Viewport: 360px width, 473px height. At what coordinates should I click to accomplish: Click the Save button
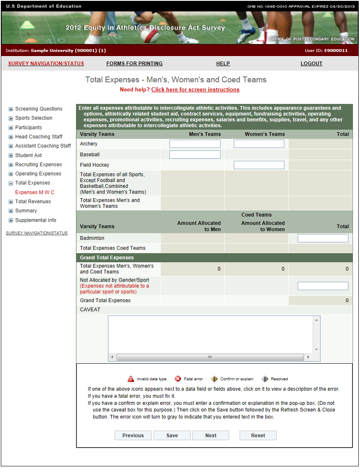172,436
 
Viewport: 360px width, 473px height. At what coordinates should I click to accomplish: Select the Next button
211,436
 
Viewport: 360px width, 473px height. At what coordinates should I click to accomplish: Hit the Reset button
258,436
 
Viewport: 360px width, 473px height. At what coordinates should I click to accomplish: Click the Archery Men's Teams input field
195,144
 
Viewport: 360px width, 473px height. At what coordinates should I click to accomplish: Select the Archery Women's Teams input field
259,144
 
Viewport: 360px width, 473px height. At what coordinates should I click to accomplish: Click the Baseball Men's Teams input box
195,155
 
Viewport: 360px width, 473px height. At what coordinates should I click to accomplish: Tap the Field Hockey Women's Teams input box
259,165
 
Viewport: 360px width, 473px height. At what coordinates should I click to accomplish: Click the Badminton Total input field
323,238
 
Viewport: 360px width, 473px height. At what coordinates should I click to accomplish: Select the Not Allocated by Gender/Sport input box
323,286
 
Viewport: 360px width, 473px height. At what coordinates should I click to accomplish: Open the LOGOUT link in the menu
311,64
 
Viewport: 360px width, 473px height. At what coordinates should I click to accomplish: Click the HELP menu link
223,64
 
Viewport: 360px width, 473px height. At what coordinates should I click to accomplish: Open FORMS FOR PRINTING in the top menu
135,64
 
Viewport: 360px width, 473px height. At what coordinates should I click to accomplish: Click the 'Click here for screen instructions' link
195,90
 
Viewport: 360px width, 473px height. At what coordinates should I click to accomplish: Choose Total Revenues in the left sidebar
33,202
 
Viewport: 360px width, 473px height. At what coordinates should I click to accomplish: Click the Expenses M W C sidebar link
35,192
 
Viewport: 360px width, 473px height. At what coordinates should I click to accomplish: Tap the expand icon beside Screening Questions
11,109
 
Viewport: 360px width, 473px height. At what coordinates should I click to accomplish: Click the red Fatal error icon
178,379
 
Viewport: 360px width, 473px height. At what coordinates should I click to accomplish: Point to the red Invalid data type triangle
131,379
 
